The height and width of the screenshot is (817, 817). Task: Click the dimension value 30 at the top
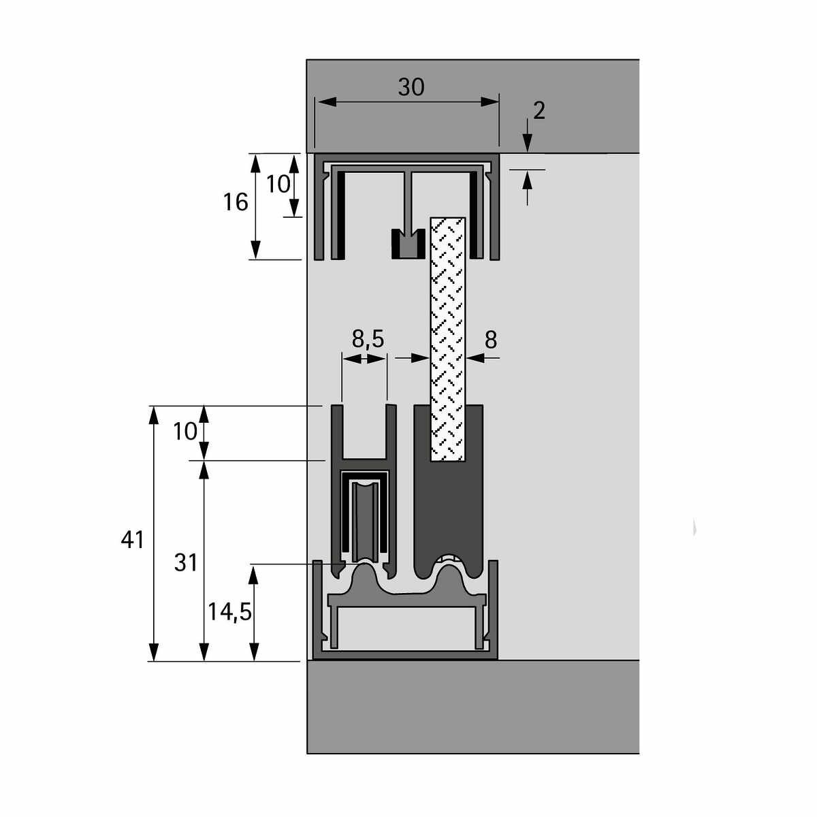(x=411, y=87)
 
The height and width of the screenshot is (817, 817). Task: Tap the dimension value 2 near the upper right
(x=539, y=111)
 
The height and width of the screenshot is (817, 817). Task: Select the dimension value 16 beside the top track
(x=236, y=202)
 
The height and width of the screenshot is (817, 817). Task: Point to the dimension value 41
(x=132, y=540)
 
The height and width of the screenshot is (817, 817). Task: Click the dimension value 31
(x=186, y=563)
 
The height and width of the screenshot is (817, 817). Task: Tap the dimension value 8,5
(x=368, y=339)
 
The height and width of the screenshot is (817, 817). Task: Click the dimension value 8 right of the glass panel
(x=490, y=340)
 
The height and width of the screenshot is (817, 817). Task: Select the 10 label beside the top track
(x=278, y=185)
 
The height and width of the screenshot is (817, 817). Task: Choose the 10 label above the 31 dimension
(x=185, y=432)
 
